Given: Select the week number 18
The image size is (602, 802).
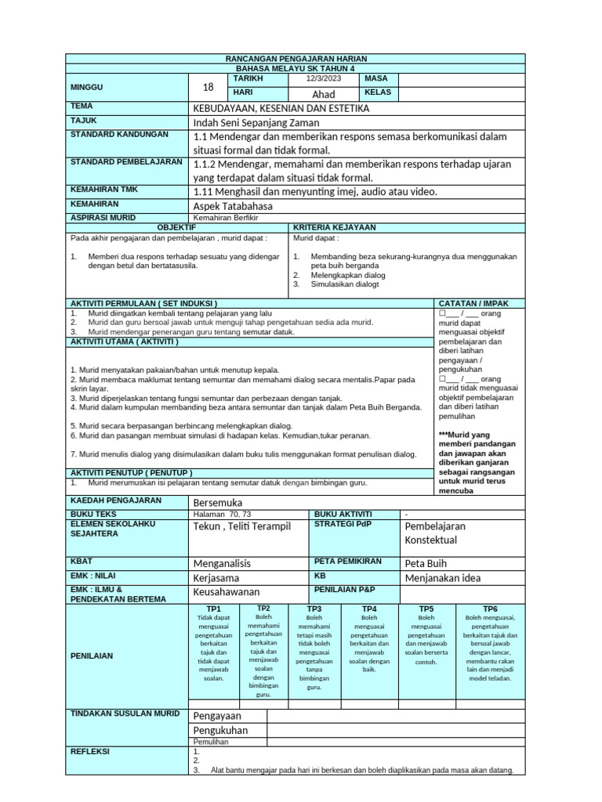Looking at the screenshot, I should coord(208,87).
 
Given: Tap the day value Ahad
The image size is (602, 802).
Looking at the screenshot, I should coord(324,94).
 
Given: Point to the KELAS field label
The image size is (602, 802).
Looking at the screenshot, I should coord(378,92).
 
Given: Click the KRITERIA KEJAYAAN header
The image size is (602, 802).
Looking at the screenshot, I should coord(335,227).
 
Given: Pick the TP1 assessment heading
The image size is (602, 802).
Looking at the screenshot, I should coord(213,609).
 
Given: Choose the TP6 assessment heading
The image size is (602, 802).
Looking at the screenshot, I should coord(490,609).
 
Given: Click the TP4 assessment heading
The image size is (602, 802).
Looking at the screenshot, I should coord(369,609).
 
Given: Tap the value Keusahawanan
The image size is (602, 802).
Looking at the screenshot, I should coord(227,592).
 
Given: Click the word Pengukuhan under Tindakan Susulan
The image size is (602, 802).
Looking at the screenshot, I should coord(220,730).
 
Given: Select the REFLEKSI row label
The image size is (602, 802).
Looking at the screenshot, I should coord(90,751).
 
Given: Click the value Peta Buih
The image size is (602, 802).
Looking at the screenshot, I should coord(426,563).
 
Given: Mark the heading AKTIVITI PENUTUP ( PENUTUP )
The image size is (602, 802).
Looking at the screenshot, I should coord(132,473).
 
